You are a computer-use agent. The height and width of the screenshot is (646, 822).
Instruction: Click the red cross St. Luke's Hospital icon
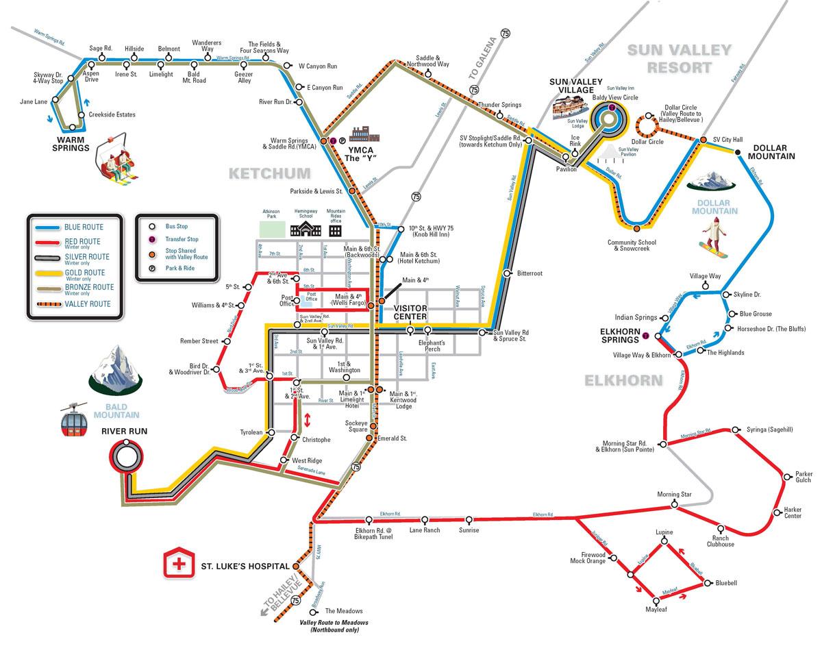[x=179, y=564]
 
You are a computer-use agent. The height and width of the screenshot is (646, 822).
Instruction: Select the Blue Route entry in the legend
[x=82, y=227]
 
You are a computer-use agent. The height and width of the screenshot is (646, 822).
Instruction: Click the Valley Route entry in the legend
[x=86, y=303]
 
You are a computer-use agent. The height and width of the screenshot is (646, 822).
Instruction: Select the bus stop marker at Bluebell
[x=706, y=584]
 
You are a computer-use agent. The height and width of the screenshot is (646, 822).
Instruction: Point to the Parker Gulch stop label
[x=804, y=476]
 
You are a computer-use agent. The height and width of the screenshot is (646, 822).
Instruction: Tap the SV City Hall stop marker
[x=703, y=140]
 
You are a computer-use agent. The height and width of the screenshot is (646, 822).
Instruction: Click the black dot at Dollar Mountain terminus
[x=739, y=153]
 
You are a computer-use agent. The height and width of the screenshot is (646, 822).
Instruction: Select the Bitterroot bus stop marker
[x=507, y=273]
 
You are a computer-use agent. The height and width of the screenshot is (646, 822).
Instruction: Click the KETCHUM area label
[x=269, y=173]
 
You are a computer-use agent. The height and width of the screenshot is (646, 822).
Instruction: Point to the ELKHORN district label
[x=623, y=380]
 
